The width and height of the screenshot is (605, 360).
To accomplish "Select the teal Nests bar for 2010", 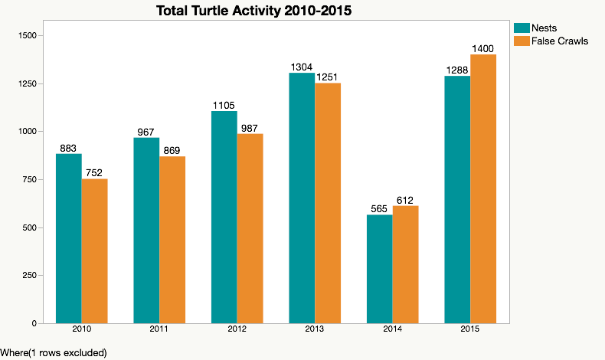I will [69, 238].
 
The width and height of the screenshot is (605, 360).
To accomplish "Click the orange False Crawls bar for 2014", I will [405, 263].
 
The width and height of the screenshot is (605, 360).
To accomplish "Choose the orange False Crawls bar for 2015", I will [483, 188].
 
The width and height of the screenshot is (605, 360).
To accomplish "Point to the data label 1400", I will [483, 48].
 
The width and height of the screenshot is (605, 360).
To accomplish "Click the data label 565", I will [380, 208].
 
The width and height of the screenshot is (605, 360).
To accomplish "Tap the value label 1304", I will [302, 67].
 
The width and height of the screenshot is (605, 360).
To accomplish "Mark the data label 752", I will [94, 172].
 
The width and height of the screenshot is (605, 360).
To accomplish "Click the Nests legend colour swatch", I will [522, 28].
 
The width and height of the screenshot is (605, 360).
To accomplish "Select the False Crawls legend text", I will [561, 41].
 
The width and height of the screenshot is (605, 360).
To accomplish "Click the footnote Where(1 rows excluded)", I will [54, 352].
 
